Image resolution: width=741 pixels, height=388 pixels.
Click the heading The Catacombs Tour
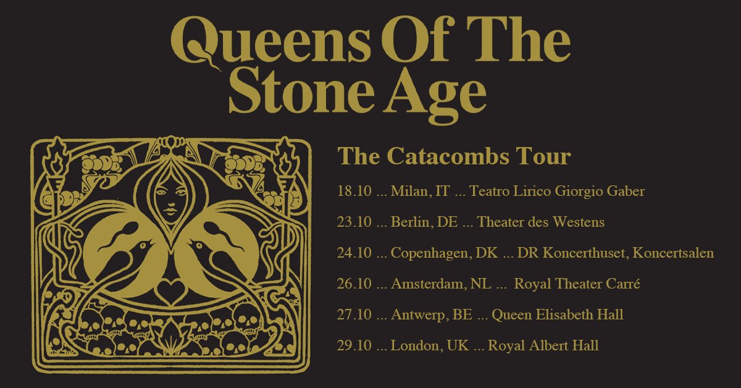tap(454, 156)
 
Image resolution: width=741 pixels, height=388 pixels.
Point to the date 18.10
tap(354, 192)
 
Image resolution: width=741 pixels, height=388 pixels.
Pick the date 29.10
tap(354, 346)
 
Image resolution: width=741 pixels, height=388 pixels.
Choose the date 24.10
tap(354, 253)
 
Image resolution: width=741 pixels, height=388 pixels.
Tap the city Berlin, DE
tap(424, 222)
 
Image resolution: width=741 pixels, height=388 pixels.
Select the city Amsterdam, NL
tap(442, 284)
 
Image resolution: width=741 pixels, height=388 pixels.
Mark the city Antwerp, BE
tap(432, 315)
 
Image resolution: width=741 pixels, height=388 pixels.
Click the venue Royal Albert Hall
tap(543, 346)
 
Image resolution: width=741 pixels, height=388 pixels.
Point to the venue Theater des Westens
tap(541, 222)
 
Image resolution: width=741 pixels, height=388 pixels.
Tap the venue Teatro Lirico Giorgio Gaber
tap(557, 192)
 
